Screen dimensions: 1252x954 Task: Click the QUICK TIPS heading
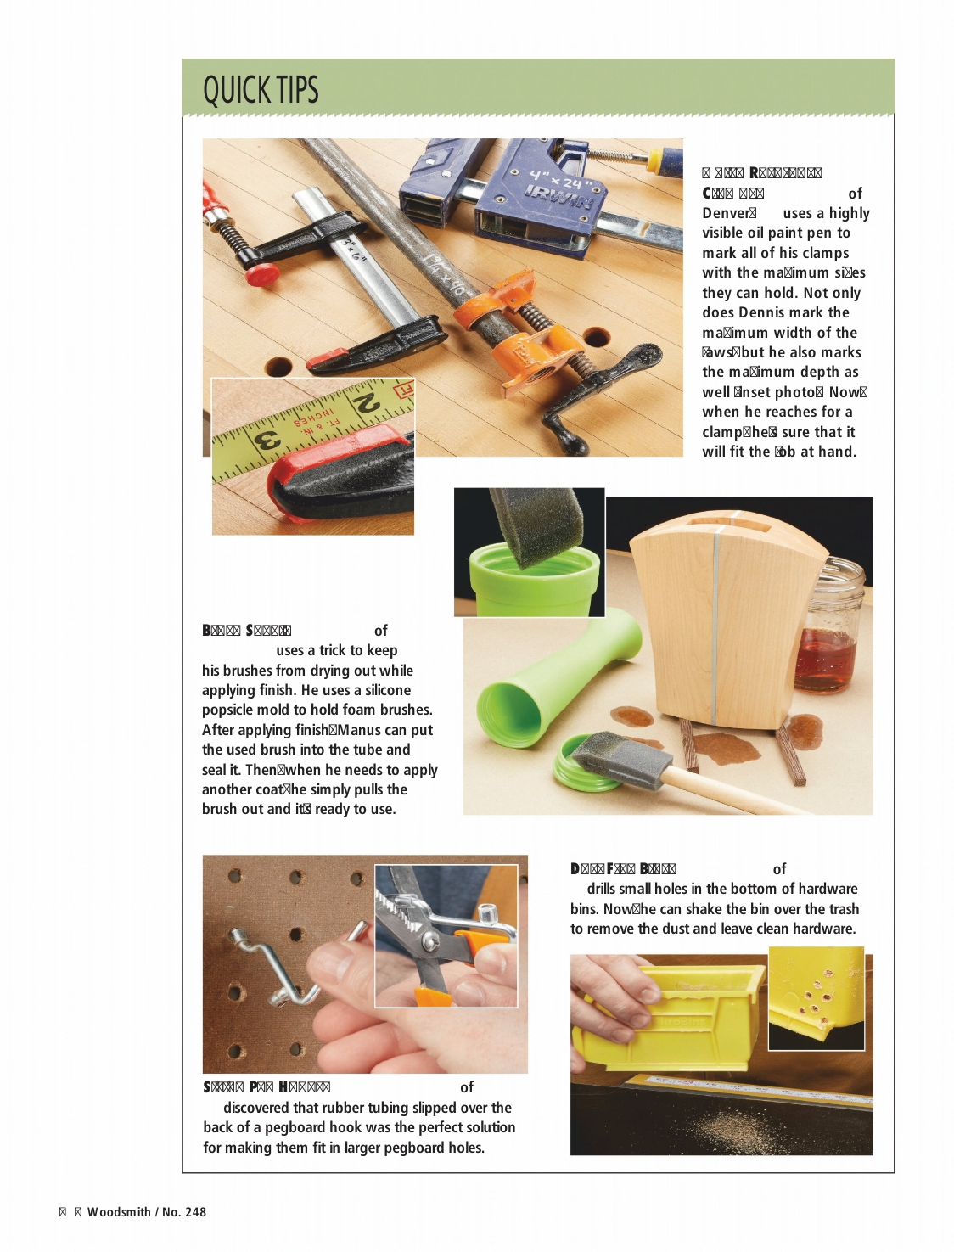261,89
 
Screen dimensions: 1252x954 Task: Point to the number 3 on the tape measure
268,442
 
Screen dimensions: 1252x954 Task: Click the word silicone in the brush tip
388,690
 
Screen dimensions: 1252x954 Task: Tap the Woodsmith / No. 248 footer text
146,1212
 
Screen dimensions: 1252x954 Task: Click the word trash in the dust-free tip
842,909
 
